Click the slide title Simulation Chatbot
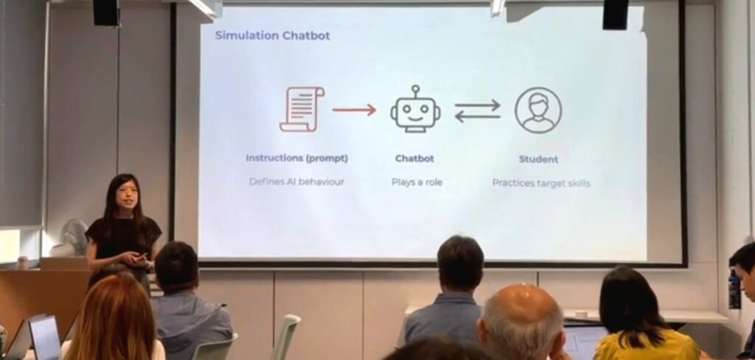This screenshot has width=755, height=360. (273, 35)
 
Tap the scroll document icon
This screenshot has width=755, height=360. (302, 109)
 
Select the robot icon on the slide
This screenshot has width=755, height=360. (415, 109)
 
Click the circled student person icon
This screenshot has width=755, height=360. (537, 110)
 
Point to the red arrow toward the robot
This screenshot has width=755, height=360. (354, 110)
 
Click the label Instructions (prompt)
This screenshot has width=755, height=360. (296, 158)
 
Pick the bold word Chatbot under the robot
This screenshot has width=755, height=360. (414, 158)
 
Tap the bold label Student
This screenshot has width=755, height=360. (538, 159)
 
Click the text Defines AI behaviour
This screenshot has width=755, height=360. (296, 182)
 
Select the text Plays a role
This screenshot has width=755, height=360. (417, 182)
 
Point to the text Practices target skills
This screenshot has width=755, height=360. (540, 183)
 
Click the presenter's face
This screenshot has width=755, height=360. (127, 195)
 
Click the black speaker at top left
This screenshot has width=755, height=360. (105, 13)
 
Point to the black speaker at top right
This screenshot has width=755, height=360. (616, 15)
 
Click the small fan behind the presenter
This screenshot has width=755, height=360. (74, 237)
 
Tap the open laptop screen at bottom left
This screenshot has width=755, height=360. (45, 336)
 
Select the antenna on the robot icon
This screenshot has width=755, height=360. (415, 91)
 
